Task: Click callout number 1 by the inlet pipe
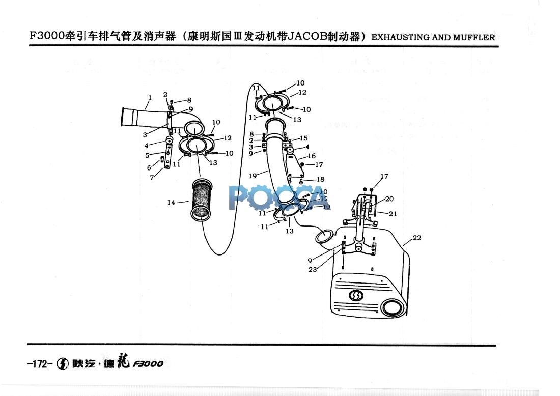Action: click(150, 97)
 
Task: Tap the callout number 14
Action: click(171, 203)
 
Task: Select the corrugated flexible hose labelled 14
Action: click(200, 202)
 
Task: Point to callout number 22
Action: click(417, 238)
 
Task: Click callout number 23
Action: click(313, 270)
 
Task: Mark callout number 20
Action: click(389, 199)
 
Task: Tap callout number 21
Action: click(393, 214)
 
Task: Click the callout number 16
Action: click(311, 156)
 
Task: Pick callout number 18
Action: click(320, 179)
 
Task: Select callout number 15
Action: click(303, 138)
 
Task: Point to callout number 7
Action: click(152, 178)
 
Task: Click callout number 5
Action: click(147, 155)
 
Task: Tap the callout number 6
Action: click(149, 167)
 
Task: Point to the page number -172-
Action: click(39, 364)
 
